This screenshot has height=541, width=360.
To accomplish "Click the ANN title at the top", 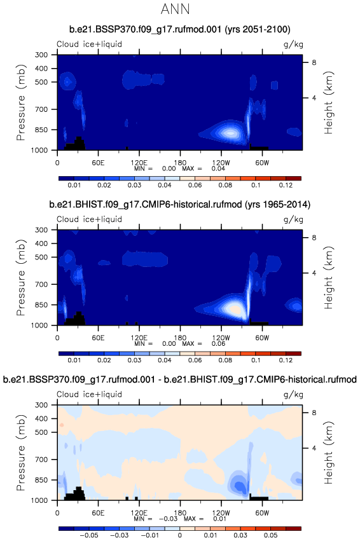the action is coord(176,10).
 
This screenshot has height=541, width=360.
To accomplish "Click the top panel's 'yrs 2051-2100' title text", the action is coord(258,30).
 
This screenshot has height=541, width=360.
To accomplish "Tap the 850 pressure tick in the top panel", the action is coord(41,130).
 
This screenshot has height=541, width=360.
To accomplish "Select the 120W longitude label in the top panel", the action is coord(221,163).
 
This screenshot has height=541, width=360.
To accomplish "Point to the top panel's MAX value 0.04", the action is coord(218,168).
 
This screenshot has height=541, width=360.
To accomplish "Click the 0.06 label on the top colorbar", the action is coord(195,185).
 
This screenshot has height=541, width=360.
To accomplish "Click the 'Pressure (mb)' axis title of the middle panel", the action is coord(21,277).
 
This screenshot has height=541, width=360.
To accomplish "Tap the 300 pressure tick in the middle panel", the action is coord(41,229).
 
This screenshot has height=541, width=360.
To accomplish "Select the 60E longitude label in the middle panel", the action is coord(98,338).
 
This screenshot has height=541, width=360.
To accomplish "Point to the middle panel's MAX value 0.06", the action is coord(218,344).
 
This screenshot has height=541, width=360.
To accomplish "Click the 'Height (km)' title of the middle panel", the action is coord(329,277).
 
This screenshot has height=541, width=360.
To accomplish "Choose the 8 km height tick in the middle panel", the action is coord(314,238).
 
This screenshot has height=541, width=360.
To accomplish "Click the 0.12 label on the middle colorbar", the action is coord(286,360).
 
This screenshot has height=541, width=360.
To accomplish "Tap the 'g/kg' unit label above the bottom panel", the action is coord(293,394).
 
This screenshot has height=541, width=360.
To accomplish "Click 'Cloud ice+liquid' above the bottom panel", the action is coord(90,394).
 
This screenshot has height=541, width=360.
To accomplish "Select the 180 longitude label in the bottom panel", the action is coord(180,512).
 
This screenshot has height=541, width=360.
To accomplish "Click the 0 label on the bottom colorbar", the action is coord(180,535).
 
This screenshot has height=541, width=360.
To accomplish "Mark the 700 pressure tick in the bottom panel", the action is coord(41,460).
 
